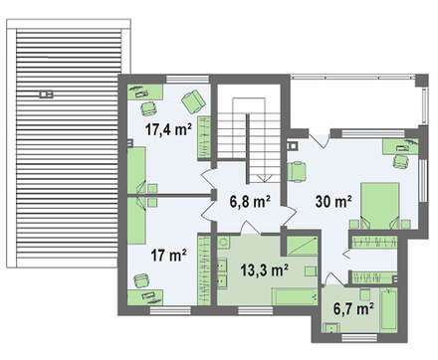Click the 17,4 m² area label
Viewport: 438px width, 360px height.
pyautogui.click(x=168, y=129)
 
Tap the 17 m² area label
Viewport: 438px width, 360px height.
pyautogui.click(x=168, y=256)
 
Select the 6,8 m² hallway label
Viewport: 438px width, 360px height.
pyautogui.click(x=250, y=202)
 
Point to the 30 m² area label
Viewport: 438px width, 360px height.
pyautogui.click(x=333, y=201)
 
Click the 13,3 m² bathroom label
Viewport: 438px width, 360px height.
pyautogui.click(x=264, y=270)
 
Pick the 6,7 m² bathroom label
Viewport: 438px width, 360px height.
pyautogui.click(x=354, y=309)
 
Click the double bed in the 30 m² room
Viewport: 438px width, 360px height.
pyautogui.click(x=380, y=206)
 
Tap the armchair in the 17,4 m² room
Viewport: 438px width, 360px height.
pyautogui.click(x=193, y=101)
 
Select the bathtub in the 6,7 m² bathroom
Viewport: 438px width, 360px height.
pyautogui.click(x=389, y=309)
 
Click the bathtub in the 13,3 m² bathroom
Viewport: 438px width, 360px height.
pyautogui.click(x=295, y=296)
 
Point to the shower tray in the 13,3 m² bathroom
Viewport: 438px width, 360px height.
pyautogui.click(x=302, y=246)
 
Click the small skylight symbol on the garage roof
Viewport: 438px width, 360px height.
pyautogui.click(x=46, y=94)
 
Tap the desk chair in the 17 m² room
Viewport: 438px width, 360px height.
pyautogui.click(x=141, y=280)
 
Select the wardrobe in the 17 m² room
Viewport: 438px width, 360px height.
pyautogui.click(x=204, y=270)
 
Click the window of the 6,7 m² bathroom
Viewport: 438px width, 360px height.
pyautogui.click(x=359, y=338)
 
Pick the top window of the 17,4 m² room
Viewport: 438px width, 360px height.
pyautogui.click(x=187, y=80)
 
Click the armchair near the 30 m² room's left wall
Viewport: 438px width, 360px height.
pyautogui.click(x=296, y=171)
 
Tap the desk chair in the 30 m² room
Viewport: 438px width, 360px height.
pyautogui.click(x=400, y=161)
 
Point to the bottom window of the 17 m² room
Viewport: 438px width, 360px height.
pyautogui.click(x=170, y=310)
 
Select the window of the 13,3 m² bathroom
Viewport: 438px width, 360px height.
pyautogui.click(x=256, y=310)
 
